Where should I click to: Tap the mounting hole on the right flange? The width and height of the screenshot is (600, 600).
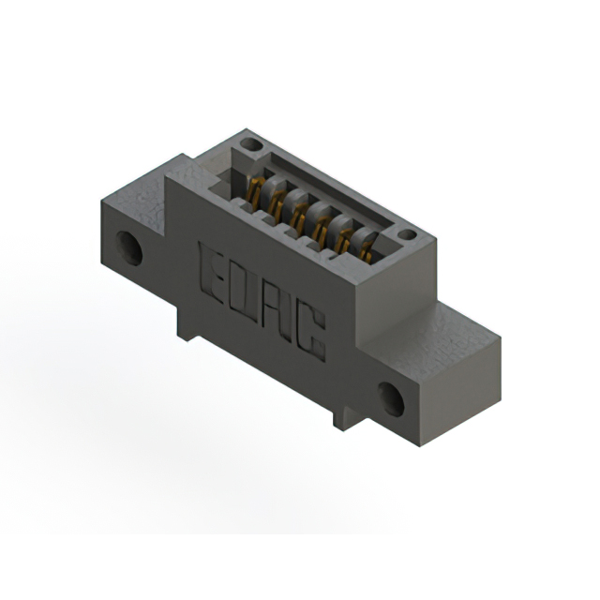pyautogui.click(x=391, y=398)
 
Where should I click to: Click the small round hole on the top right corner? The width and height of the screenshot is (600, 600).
pyautogui.click(x=407, y=234)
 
